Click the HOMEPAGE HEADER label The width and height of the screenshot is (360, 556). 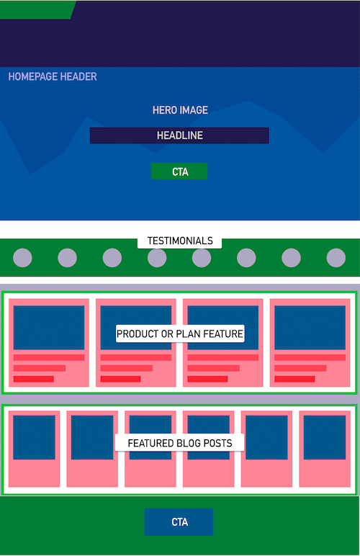[53, 76]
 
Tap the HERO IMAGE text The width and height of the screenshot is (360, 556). [180, 110]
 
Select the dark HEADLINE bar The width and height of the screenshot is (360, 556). [179, 135]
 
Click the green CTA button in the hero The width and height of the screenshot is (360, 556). [179, 171]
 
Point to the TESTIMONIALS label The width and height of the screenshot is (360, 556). [180, 241]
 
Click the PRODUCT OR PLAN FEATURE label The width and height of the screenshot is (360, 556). [180, 333]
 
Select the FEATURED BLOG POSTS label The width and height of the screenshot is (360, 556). [180, 443]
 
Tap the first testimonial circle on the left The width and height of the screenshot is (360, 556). [22, 257]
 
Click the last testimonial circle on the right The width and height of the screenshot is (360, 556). [336, 257]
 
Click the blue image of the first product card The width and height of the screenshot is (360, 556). [49, 328]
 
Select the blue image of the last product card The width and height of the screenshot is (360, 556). [310, 328]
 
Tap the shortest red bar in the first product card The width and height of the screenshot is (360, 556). [33, 379]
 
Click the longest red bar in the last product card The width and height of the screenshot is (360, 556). [310, 357]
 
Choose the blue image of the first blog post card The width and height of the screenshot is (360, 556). [34, 438]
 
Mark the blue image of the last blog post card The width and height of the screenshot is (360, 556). [325, 438]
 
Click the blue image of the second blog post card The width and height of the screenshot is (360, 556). [92, 438]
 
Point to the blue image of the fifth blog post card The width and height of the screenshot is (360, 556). [266, 438]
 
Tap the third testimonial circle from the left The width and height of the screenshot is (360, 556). [112, 257]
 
